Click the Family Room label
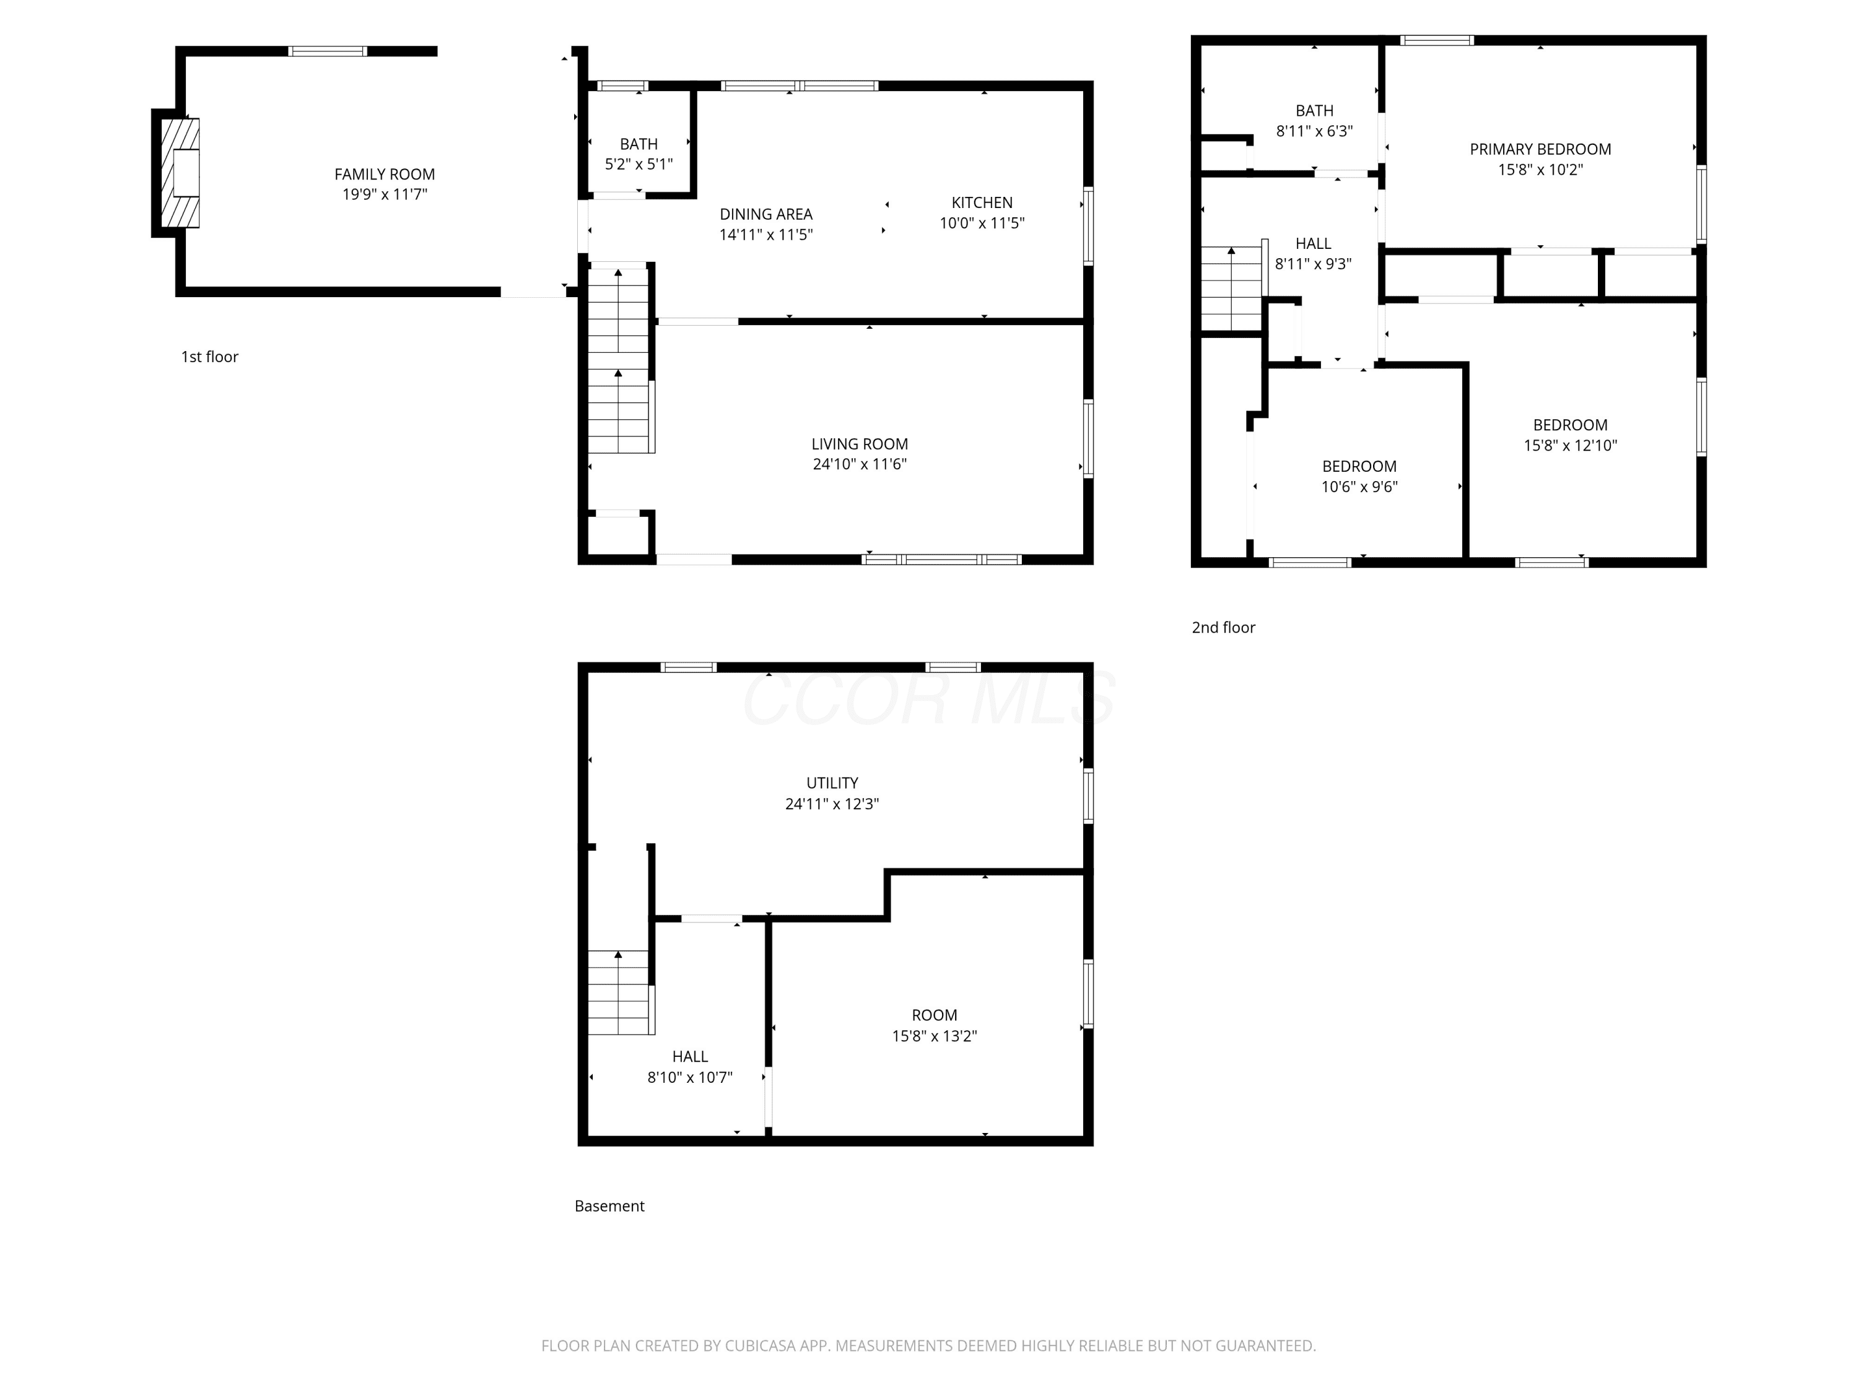pyautogui.click(x=385, y=175)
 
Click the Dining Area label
pyautogui.click(x=766, y=214)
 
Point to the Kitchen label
pyautogui.click(x=982, y=202)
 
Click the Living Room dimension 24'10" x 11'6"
pyautogui.click(x=859, y=464)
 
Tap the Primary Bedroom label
pyautogui.click(x=1540, y=149)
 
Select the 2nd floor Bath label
pyautogui.click(x=1315, y=111)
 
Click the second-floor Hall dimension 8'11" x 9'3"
pyautogui.click(x=1314, y=264)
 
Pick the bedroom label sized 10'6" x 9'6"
pyautogui.click(x=1359, y=466)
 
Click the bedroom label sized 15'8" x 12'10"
pyautogui.click(x=1571, y=425)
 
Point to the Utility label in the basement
pyautogui.click(x=832, y=783)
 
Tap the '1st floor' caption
pyautogui.click(x=210, y=357)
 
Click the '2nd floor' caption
pyautogui.click(x=1224, y=627)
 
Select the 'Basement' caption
pyautogui.click(x=610, y=1206)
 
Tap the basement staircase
pyautogui.click(x=621, y=992)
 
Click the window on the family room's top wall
pyautogui.click(x=328, y=51)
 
